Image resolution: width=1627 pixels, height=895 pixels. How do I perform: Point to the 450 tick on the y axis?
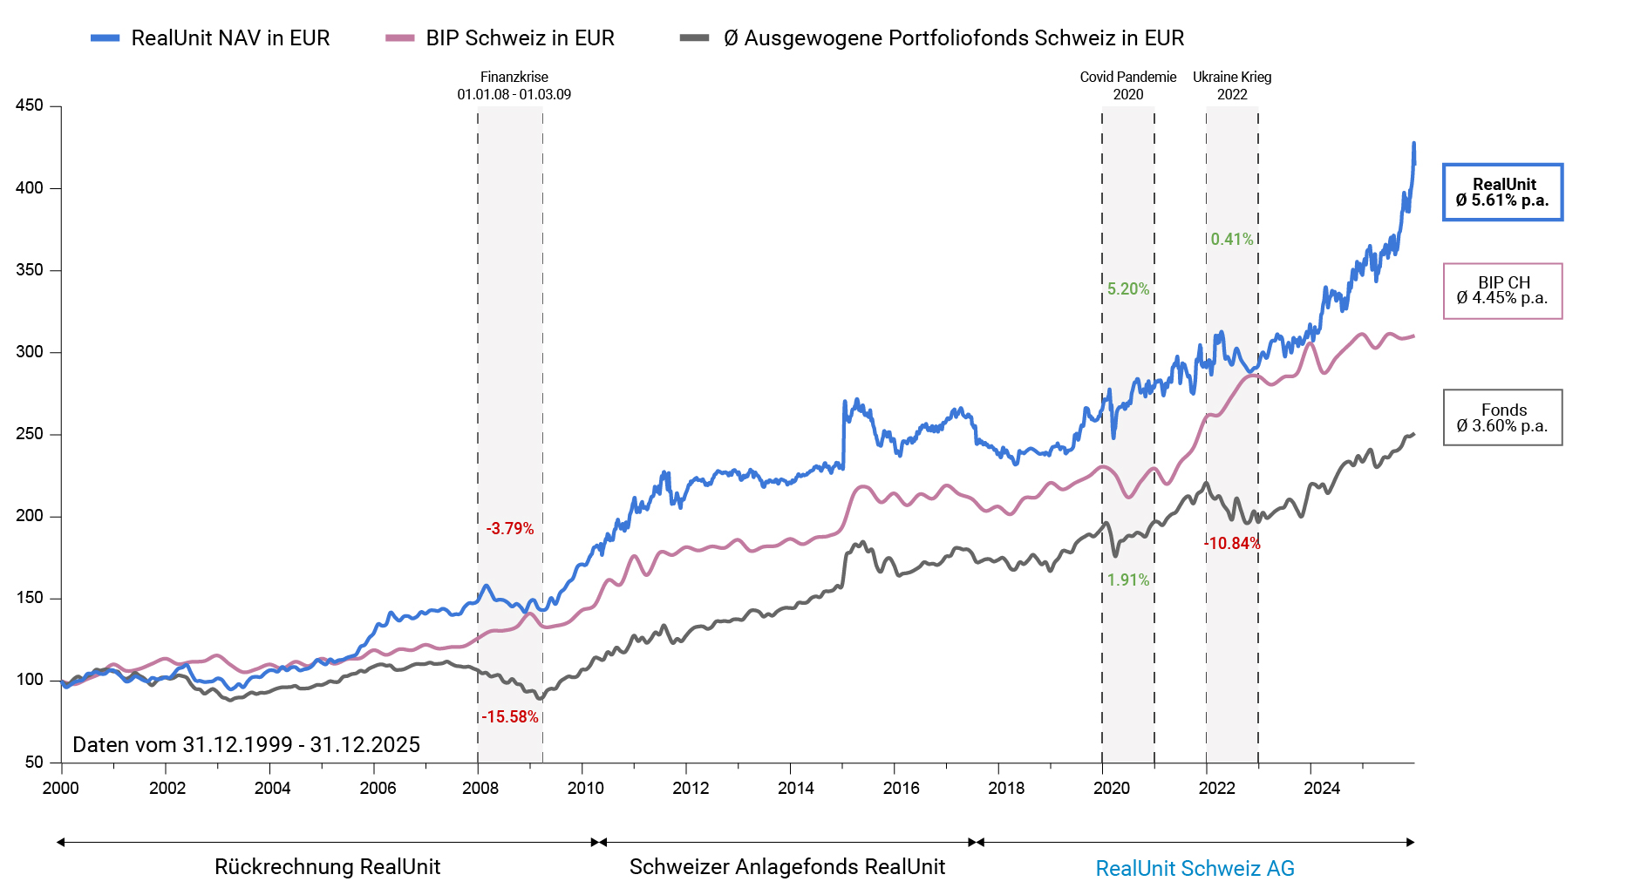tap(30, 105)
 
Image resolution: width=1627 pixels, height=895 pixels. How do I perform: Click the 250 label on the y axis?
tap(30, 434)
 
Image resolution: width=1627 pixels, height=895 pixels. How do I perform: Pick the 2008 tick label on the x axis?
tap(480, 789)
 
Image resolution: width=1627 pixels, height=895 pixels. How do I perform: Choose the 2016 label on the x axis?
tap(901, 789)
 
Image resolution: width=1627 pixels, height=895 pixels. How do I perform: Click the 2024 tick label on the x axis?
tap(1321, 789)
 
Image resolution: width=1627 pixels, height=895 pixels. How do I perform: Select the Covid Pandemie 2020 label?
tap(1128, 85)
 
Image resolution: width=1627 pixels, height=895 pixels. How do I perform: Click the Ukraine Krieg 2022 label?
tap(1232, 85)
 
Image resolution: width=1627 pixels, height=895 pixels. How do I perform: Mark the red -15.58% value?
tap(510, 717)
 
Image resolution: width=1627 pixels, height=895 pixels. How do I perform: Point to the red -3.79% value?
tap(510, 529)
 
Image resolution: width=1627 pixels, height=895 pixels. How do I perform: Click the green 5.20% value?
tap(1128, 289)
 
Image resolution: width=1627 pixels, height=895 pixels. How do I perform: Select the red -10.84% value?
tap(1232, 544)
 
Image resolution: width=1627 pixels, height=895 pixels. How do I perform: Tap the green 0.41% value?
tap(1232, 240)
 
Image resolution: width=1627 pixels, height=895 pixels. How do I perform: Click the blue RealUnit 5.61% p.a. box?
tap(1502, 193)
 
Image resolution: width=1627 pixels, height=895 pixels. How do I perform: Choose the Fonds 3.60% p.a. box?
tap(1502, 418)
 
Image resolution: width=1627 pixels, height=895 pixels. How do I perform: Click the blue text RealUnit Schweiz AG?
tap(1195, 869)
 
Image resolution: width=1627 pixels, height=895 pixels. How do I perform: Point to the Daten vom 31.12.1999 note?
tap(246, 745)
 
